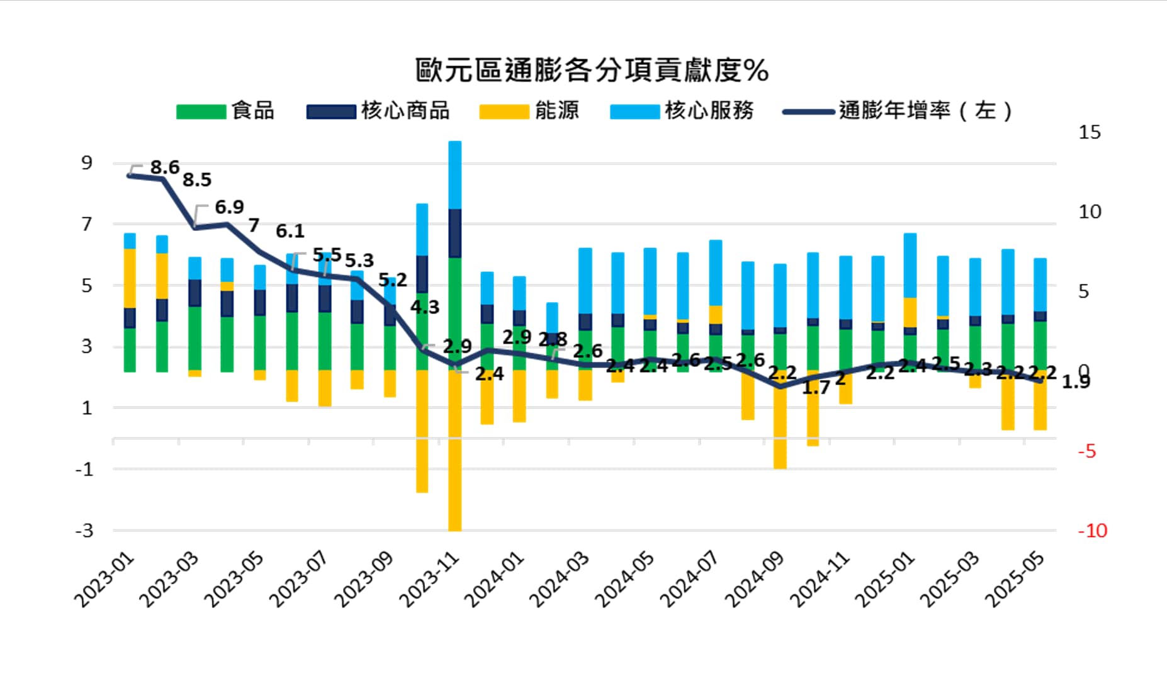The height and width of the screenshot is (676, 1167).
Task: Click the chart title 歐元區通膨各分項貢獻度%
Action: [x=592, y=70]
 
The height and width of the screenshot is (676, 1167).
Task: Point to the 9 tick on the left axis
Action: [x=86, y=163]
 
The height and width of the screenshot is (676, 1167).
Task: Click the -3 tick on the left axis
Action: [x=84, y=531]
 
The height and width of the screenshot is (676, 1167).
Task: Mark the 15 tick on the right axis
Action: [x=1090, y=132]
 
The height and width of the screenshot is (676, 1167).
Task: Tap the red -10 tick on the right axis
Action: [x=1092, y=531]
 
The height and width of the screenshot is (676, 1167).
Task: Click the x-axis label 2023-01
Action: [x=104, y=580]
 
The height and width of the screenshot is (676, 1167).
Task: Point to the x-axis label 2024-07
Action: [x=691, y=580]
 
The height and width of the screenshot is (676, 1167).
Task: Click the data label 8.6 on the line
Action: [x=164, y=167]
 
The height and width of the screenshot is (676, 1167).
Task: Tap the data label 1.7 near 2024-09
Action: [x=816, y=388]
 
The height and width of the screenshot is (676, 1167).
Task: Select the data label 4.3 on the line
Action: [x=425, y=307]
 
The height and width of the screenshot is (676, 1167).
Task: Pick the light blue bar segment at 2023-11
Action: [x=454, y=175]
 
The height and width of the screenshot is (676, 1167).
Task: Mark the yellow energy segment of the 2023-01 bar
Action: [x=130, y=278]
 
